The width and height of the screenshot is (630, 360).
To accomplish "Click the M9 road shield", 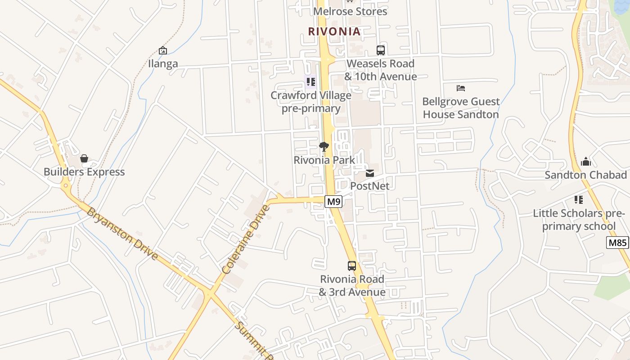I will [x=333, y=202].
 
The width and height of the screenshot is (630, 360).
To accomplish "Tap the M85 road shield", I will [x=617, y=243].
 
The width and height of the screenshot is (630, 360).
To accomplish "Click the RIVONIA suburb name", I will [x=334, y=31].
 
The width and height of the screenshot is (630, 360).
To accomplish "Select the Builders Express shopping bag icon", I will [x=84, y=158].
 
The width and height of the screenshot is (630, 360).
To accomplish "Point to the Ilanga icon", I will [x=163, y=50].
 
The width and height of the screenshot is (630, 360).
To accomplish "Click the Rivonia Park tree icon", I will [x=324, y=147].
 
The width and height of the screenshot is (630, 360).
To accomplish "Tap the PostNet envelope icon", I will [x=370, y=173].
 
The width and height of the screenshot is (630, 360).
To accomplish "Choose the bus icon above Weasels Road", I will [x=381, y=50].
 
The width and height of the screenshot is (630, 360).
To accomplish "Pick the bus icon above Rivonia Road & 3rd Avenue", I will [x=352, y=266].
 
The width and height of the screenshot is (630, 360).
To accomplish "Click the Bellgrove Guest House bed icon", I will [x=461, y=88].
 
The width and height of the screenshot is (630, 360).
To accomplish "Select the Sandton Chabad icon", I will [x=586, y=162].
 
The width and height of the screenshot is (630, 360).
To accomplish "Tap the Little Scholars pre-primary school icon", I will [x=579, y=200].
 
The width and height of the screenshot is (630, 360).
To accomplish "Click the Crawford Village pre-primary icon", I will [x=311, y=82].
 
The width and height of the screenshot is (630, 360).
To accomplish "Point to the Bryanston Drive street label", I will [x=122, y=234].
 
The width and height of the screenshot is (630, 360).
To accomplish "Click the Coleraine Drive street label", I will [x=246, y=239].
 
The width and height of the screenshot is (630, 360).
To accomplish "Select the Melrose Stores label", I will [x=350, y=11].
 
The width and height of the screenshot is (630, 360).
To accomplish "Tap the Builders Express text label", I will [x=84, y=172].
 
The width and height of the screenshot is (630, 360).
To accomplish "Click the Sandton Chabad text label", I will [x=586, y=175].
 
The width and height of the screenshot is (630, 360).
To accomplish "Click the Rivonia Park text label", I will [x=324, y=160].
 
